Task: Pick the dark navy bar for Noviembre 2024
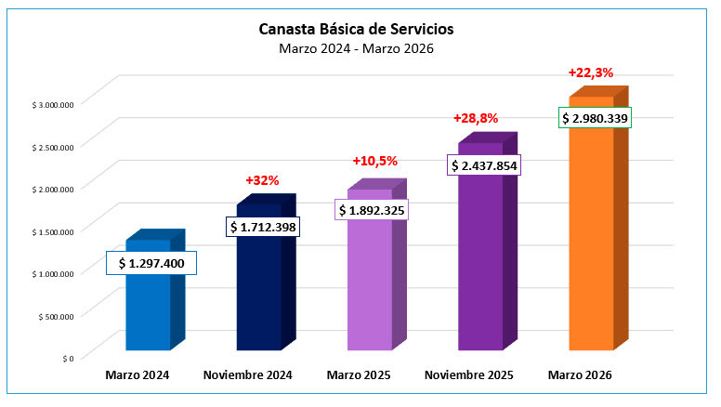click(258, 297)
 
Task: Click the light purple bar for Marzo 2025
click(369, 288)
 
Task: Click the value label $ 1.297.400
click(151, 264)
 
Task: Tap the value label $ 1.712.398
click(262, 227)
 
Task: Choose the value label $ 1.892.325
click(372, 210)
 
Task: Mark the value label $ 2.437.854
click(483, 165)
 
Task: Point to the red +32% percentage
click(262, 180)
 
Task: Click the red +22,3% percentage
click(591, 72)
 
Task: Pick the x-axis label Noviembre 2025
click(470, 375)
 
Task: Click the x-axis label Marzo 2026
click(581, 375)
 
